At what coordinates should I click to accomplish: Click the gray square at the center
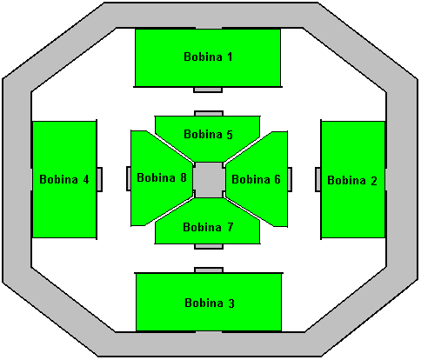pyautogui.click(x=209, y=180)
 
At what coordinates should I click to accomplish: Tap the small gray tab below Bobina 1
pyautogui.click(x=208, y=90)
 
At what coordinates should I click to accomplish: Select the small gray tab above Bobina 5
pyautogui.click(x=209, y=113)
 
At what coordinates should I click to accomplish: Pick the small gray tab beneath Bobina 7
pyautogui.click(x=209, y=246)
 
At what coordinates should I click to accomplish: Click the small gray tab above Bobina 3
pyautogui.click(x=209, y=270)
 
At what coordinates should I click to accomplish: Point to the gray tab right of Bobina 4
pyautogui.click(x=99, y=179)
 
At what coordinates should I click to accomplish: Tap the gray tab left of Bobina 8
pyautogui.click(x=129, y=178)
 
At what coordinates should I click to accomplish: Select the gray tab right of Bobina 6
pyautogui.click(x=290, y=179)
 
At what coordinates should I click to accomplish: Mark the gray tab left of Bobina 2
pyautogui.click(x=318, y=179)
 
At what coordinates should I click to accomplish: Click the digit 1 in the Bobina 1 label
pyautogui.click(x=230, y=57)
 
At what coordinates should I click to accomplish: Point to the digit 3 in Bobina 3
pyautogui.click(x=231, y=303)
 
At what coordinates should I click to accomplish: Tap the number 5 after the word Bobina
pyautogui.click(x=230, y=135)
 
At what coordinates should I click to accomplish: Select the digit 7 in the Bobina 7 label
pyautogui.click(x=230, y=227)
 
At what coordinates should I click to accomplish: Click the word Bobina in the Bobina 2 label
pyautogui.click(x=346, y=180)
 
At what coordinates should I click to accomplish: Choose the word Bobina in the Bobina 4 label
pyautogui.click(x=58, y=179)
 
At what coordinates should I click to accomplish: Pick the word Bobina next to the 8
pyautogui.click(x=156, y=177)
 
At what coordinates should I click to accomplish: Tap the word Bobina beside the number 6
pyautogui.click(x=251, y=179)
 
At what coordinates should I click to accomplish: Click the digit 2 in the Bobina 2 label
pyautogui.click(x=374, y=181)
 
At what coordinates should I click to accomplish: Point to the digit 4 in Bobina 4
pyautogui.click(x=86, y=179)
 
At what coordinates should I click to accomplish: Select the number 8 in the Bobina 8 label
pyautogui.click(x=184, y=177)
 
